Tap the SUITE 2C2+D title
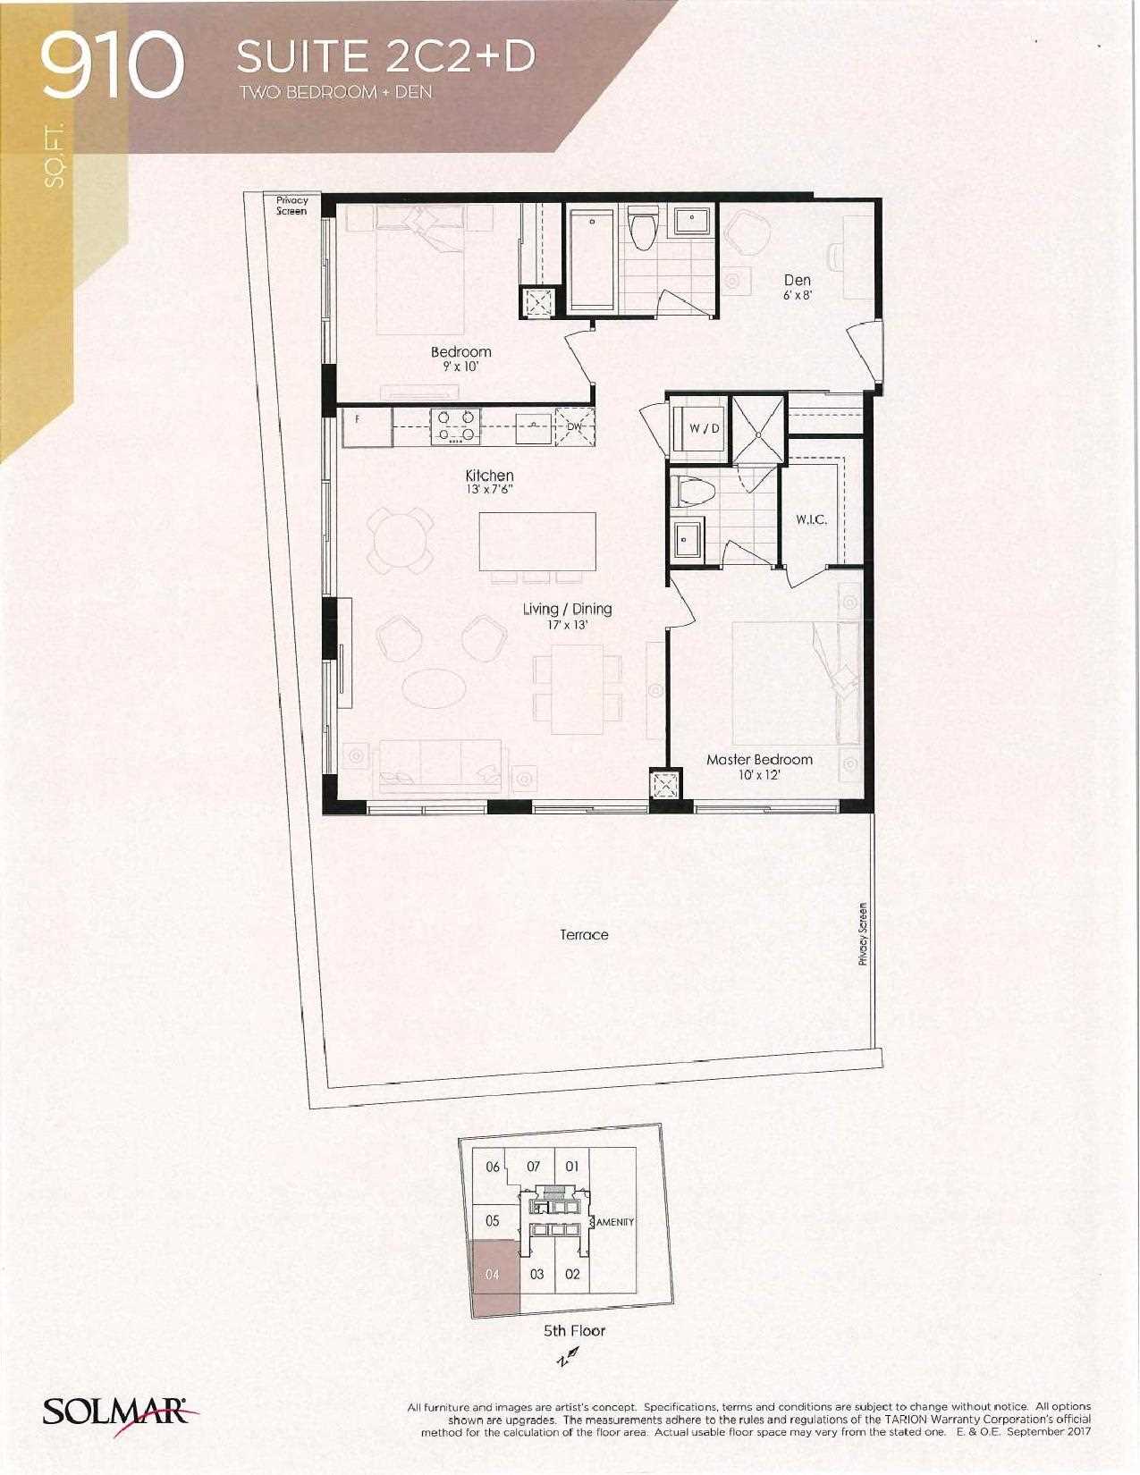[385, 57]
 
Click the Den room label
[798, 280]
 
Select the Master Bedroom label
[759, 759]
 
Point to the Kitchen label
[489, 476]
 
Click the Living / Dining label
[567, 609]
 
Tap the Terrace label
[584, 934]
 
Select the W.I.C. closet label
[811, 520]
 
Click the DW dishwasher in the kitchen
[574, 426]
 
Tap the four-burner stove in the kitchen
[455, 426]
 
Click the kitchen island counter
[537, 542]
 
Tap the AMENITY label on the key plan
[615, 1222]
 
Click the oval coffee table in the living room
[434, 688]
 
